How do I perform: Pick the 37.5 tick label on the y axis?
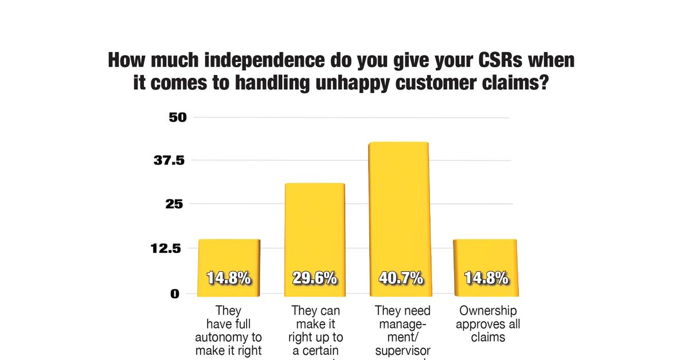169,161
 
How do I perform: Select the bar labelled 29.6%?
314,229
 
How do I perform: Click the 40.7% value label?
401,279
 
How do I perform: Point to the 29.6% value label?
314,279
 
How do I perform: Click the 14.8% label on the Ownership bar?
486,279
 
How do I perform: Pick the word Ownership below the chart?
488,311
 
